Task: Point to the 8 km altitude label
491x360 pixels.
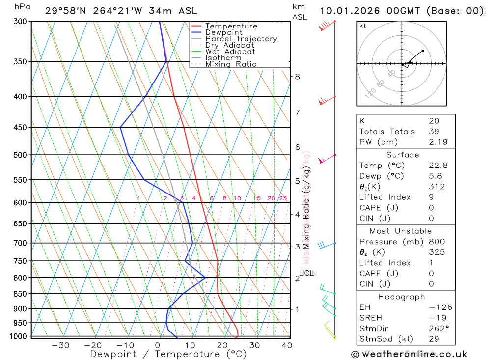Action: [297, 77]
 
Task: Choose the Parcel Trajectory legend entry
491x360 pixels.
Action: [241, 39]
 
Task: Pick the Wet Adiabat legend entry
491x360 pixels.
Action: [230, 52]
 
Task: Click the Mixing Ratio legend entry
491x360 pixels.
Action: [231, 64]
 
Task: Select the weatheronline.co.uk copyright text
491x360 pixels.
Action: [409, 354]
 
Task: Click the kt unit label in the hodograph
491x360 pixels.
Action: [363, 26]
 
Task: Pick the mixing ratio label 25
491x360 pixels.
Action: [283, 198]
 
